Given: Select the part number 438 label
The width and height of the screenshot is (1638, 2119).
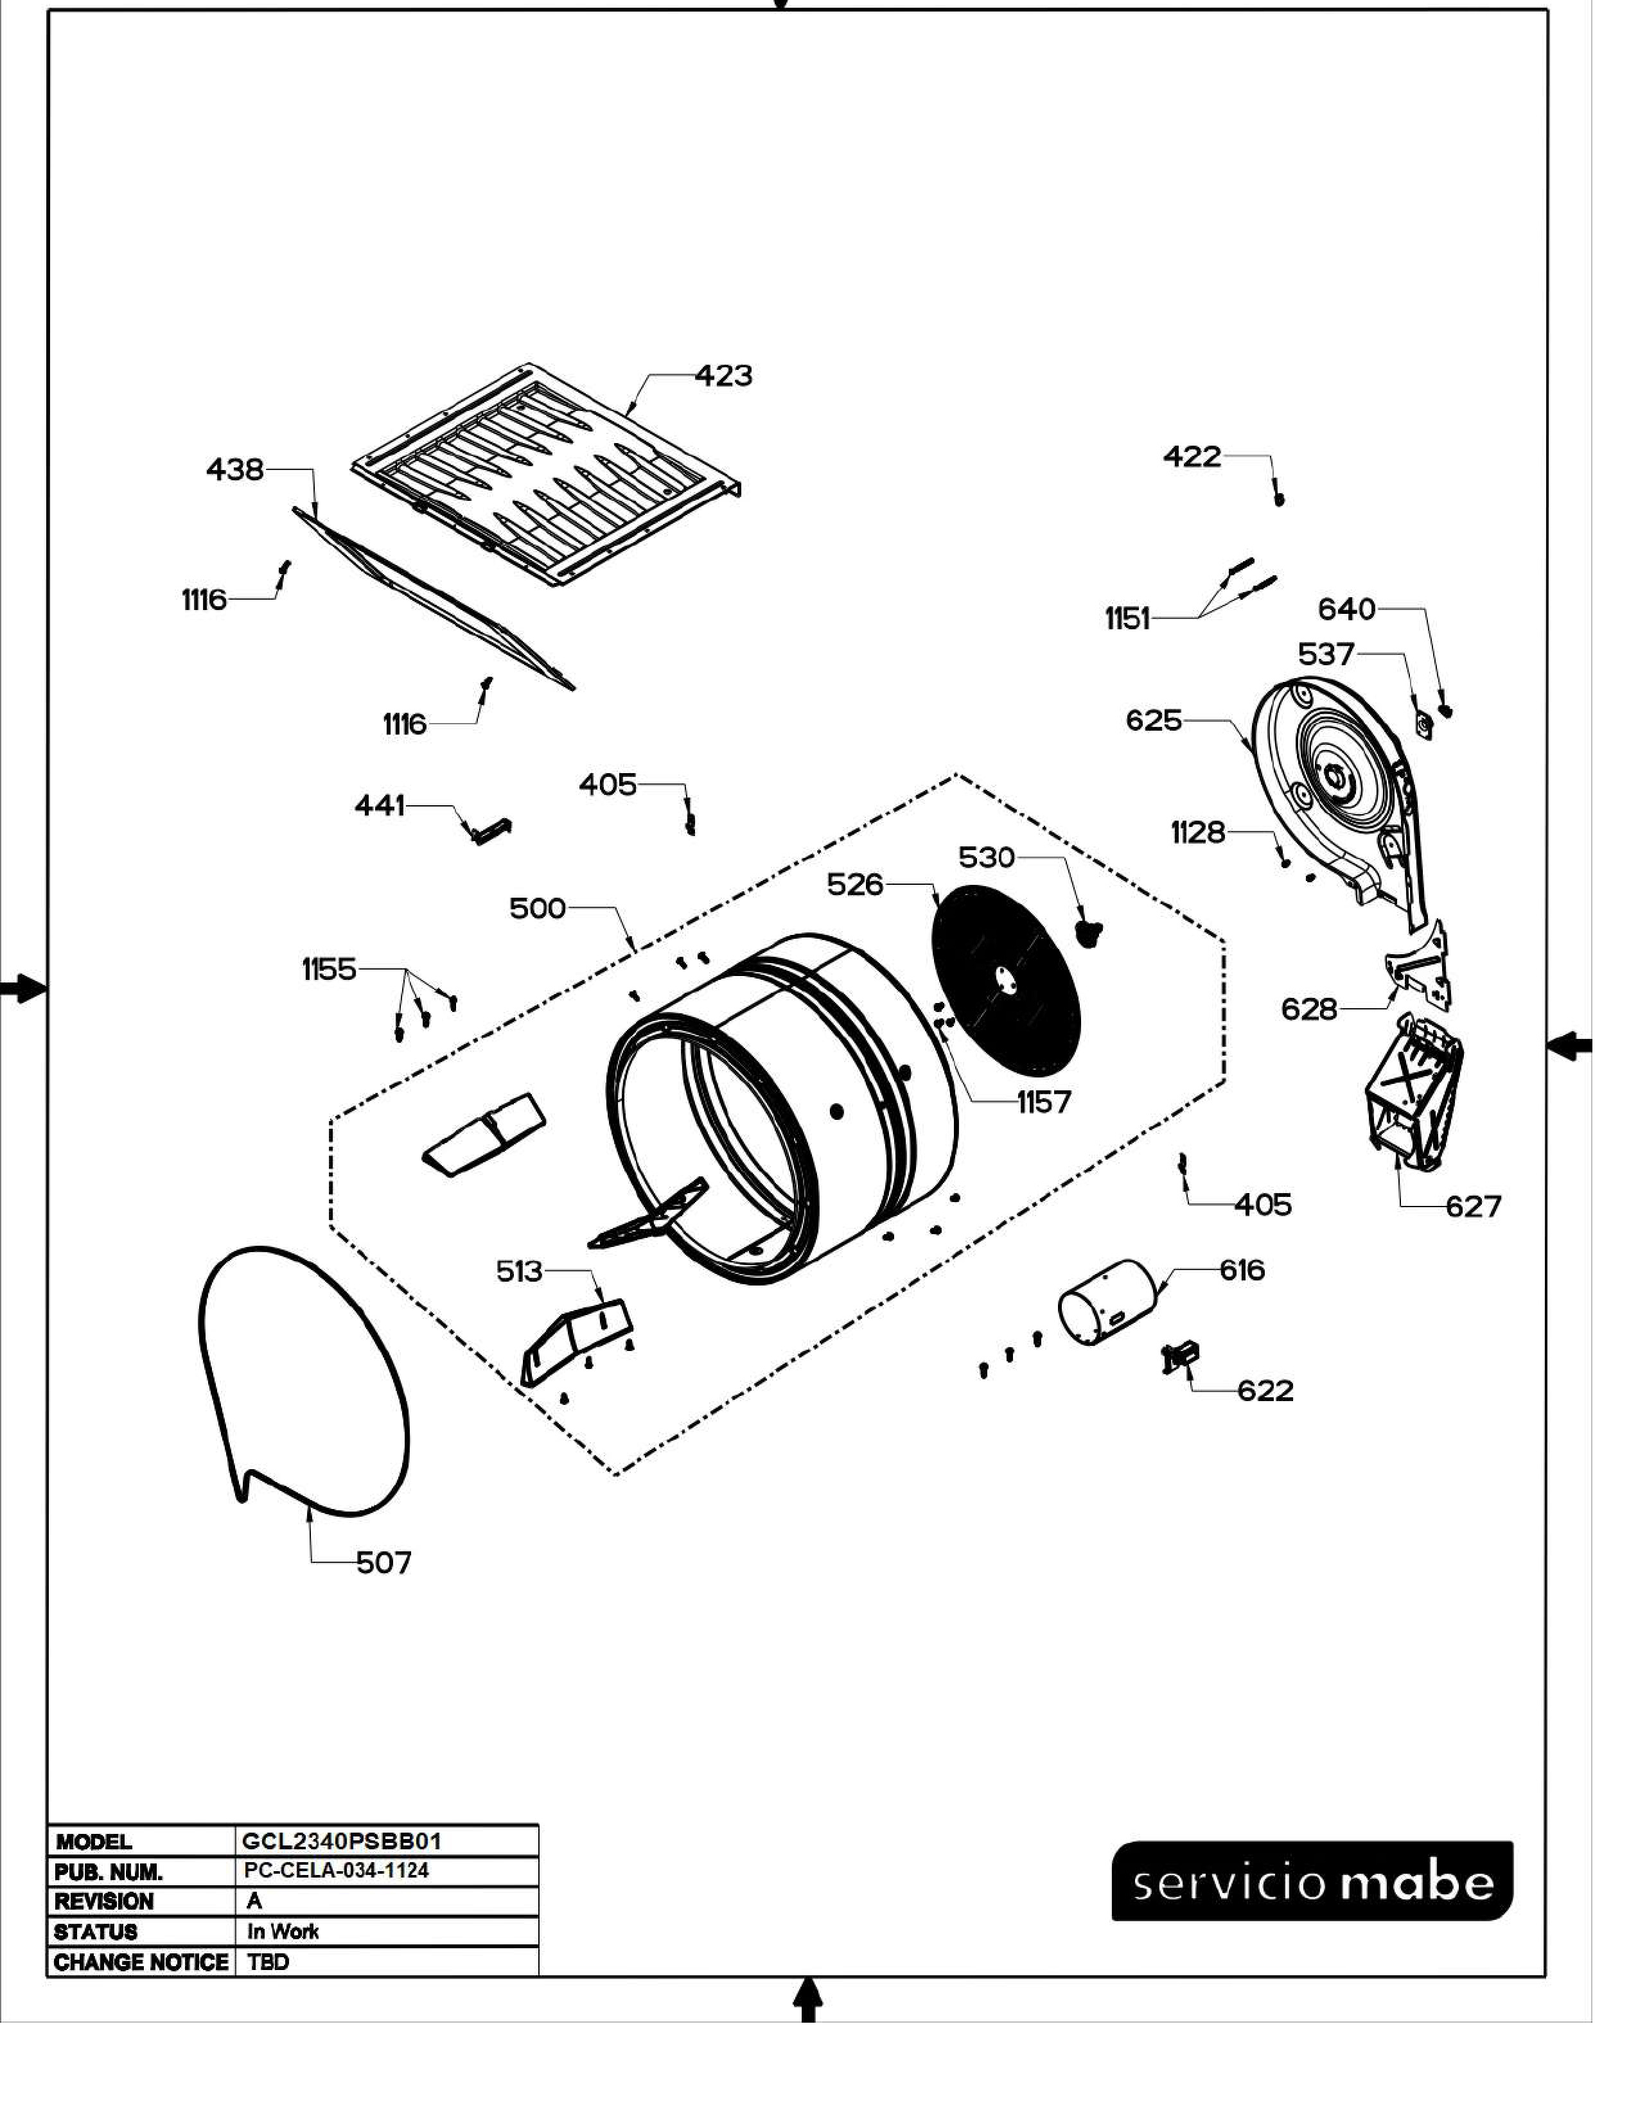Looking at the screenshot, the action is tap(235, 471).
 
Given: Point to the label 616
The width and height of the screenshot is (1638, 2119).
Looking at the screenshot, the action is tap(1242, 1270).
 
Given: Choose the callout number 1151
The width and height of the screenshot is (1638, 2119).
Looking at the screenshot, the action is tap(1127, 619).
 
